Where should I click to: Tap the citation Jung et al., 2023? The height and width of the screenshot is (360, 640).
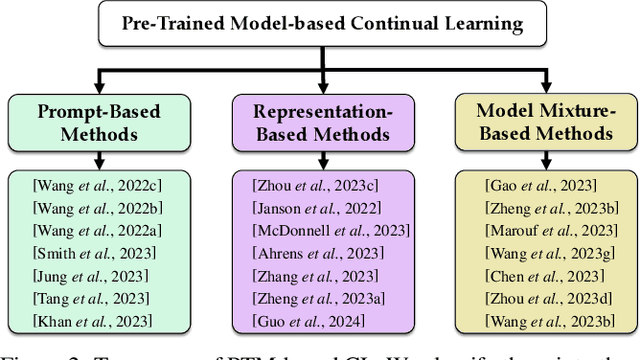click(x=80, y=275)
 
